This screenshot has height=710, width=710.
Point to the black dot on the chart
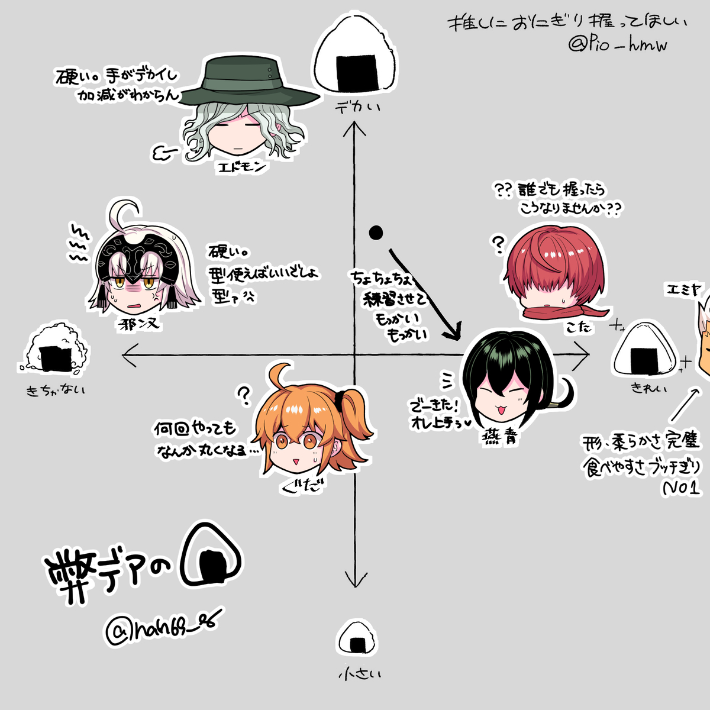376,233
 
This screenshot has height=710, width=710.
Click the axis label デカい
357,107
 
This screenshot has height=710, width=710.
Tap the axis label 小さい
360,674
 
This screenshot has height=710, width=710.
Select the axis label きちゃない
56,390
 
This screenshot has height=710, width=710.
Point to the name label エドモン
243,167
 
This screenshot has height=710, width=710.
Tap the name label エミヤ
683,290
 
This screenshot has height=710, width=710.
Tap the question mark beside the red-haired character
499,244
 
